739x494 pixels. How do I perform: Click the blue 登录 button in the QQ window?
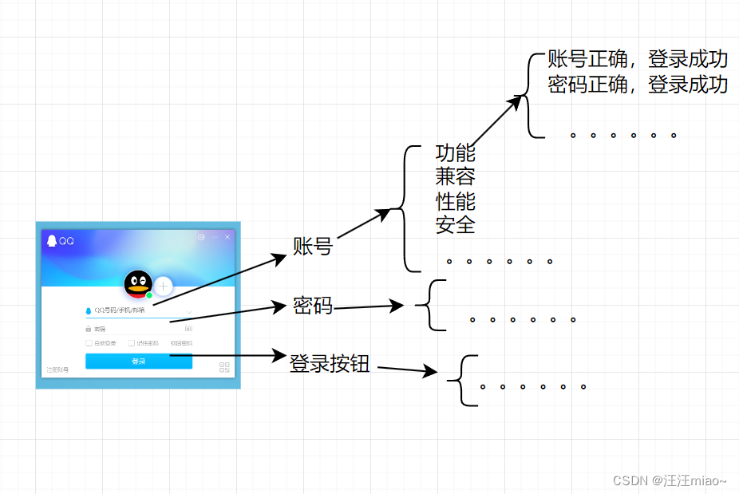(139, 362)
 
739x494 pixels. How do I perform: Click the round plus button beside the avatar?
(164, 286)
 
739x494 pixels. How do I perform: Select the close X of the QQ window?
(227, 237)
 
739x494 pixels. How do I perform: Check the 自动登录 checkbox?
(89, 343)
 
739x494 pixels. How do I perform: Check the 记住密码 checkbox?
(131, 343)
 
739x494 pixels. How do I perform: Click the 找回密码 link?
(181, 343)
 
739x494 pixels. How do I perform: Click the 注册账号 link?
(57, 370)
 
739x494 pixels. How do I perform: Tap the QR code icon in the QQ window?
(224, 368)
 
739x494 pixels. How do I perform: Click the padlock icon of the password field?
(89, 329)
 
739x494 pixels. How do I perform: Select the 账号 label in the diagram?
(313, 247)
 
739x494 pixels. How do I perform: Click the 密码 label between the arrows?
(313, 306)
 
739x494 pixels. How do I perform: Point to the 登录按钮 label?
(330, 365)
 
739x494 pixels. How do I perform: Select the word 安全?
(455, 225)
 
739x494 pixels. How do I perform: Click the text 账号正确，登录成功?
(638, 60)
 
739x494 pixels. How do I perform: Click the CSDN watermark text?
(670, 480)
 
